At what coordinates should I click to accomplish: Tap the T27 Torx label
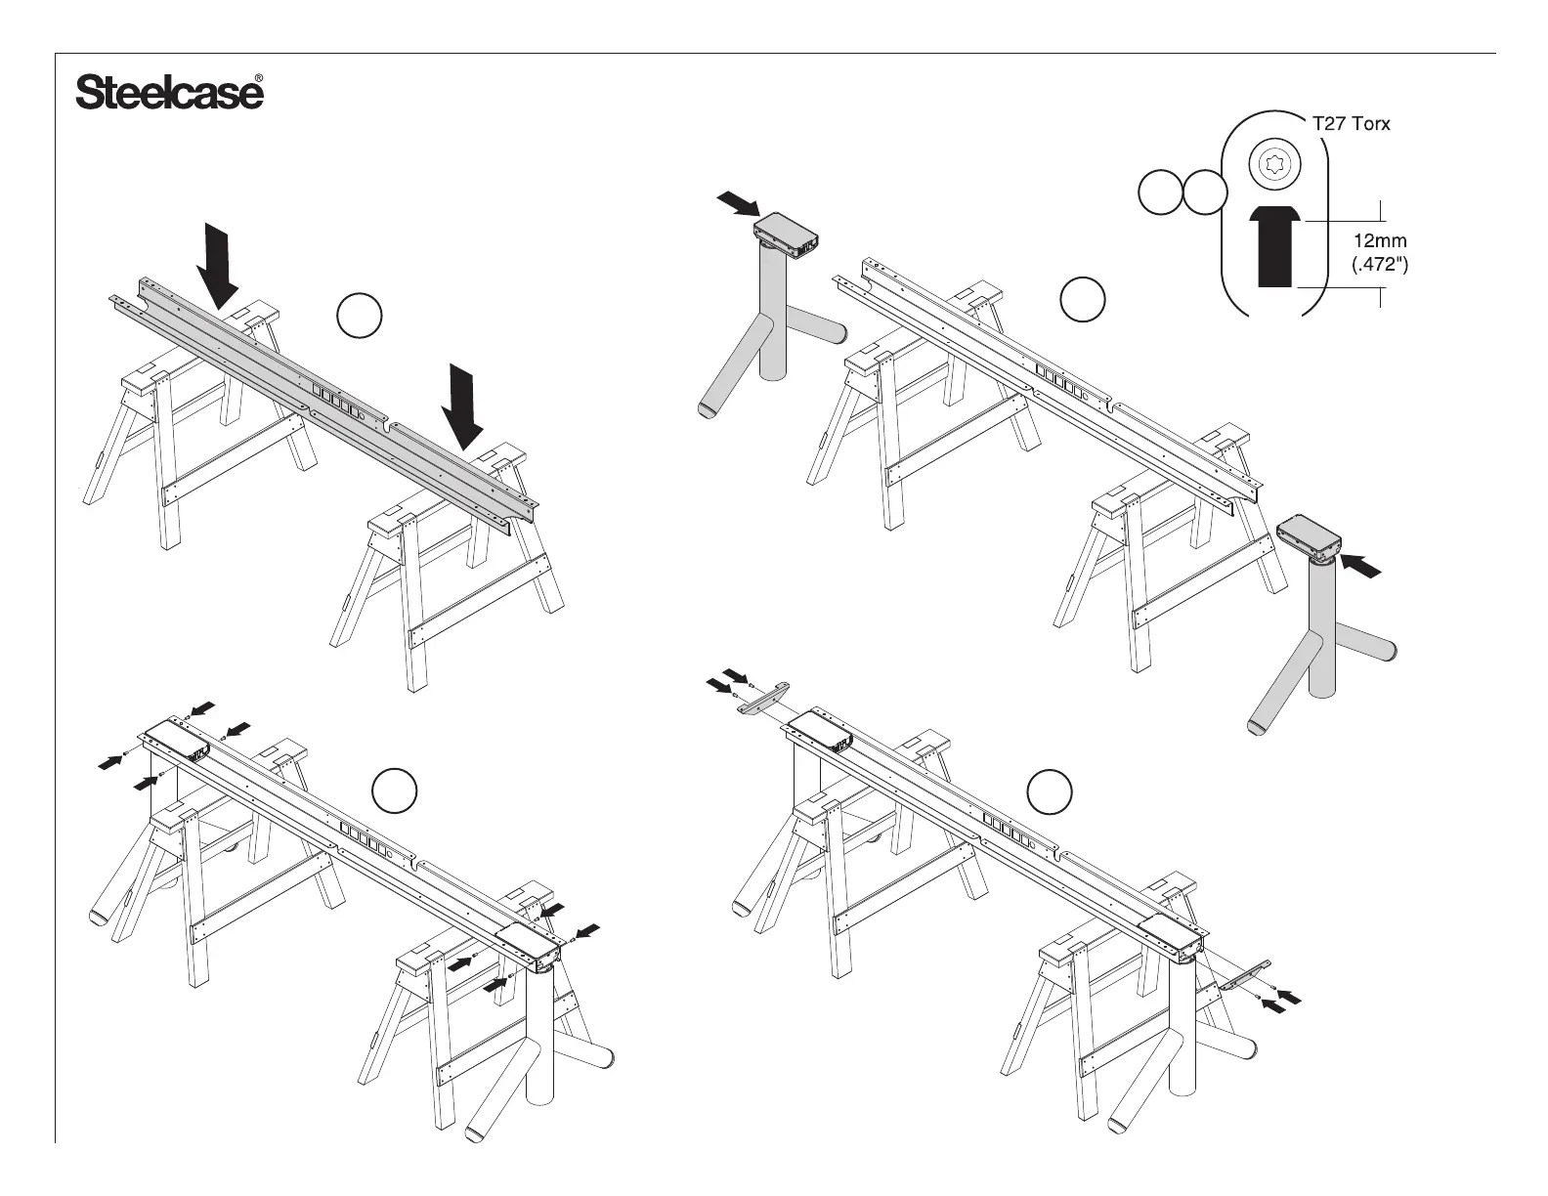pos(1350,124)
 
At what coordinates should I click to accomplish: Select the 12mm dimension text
pos(1379,240)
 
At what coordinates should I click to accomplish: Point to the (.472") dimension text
pos(1379,264)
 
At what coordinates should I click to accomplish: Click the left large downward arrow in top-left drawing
pos(218,264)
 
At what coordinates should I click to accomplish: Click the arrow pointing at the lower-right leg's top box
pos(1363,566)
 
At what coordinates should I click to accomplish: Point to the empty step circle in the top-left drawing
pos(359,316)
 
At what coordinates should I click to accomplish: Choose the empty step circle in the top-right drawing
pos(1084,299)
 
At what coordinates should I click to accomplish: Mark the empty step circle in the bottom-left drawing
pos(396,790)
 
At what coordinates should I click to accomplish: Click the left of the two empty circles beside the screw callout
pos(1159,192)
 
